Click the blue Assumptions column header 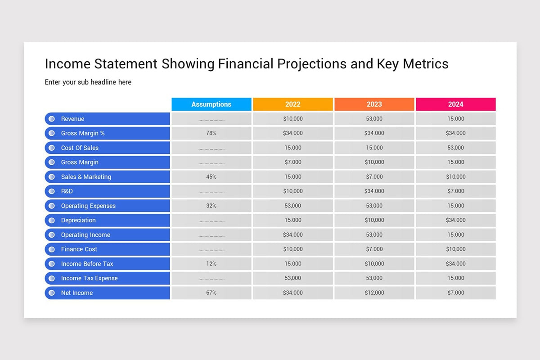pyautogui.click(x=211, y=104)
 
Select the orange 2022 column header pyautogui.click(x=292, y=104)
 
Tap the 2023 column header pyautogui.click(x=374, y=104)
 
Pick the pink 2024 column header pyautogui.click(x=455, y=104)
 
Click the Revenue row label pyautogui.click(x=73, y=119)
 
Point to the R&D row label pyautogui.click(x=67, y=191)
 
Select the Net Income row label pyautogui.click(x=77, y=293)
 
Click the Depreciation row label pyautogui.click(x=78, y=220)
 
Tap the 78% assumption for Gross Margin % pyautogui.click(x=211, y=133)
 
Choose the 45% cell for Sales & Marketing pyautogui.click(x=211, y=177)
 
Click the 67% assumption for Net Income pyautogui.click(x=211, y=293)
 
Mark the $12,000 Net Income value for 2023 pyautogui.click(x=374, y=293)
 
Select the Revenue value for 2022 pyautogui.click(x=292, y=119)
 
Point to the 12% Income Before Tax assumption pyautogui.click(x=211, y=264)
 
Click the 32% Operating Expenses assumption pyautogui.click(x=211, y=206)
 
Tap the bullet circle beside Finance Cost pyautogui.click(x=52, y=249)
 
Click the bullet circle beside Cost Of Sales pyautogui.click(x=52, y=148)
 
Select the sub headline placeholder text pyautogui.click(x=88, y=82)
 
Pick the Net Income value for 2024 pyautogui.click(x=455, y=293)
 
